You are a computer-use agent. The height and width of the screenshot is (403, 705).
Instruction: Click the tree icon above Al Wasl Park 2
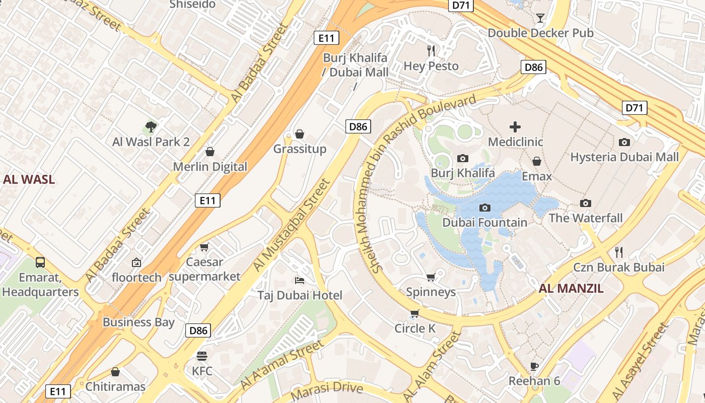(x=151, y=126)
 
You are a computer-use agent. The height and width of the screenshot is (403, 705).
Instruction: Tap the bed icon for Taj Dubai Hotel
(x=300, y=280)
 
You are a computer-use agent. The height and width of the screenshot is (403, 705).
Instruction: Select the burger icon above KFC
(x=202, y=356)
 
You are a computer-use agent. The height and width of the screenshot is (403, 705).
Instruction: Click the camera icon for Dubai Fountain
(x=485, y=208)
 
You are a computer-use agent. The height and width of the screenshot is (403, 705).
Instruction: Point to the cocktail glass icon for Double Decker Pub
(x=540, y=18)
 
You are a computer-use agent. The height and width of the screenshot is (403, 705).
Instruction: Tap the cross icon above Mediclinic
(x=515, y=127)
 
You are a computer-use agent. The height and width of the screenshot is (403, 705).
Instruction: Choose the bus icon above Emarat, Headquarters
(x=40, y=262)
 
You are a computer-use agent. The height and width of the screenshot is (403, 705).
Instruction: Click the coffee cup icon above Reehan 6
(x=534, y=366)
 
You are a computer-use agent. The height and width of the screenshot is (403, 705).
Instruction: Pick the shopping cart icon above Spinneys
(x=431, y=277)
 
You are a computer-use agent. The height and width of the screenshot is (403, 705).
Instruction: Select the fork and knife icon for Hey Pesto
(x=431, y=50)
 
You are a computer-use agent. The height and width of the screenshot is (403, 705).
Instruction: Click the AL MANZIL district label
(x=571, y=289)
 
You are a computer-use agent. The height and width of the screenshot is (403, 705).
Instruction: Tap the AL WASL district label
(x=29, y=179)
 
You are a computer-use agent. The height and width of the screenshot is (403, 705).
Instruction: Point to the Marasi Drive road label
(x=327, y=388)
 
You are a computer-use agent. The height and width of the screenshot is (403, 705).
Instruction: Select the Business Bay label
(x=138, y=322)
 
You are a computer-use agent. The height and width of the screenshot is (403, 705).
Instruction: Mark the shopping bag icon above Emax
(x=537, y=161)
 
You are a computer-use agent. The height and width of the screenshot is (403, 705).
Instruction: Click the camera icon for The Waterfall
(x=585, y=203)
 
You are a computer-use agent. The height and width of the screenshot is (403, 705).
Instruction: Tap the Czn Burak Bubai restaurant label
(x=619, y=267)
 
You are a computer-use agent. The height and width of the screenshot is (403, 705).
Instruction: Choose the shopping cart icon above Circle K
(x=414, y=313)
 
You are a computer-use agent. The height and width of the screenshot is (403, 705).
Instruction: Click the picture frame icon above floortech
(x=136, y=262)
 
